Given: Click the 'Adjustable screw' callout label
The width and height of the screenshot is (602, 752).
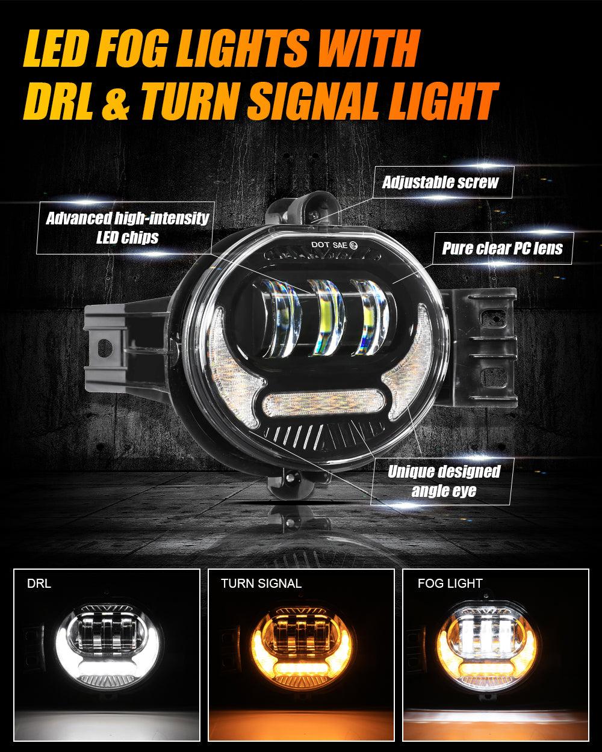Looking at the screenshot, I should click(x=440, y=182).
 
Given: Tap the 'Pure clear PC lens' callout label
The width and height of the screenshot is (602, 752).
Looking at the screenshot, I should click(x=502, y=248).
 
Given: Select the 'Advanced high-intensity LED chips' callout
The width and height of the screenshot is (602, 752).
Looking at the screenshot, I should click(x=127, y=227).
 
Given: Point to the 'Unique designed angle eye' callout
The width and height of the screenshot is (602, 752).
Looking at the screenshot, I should click(x=444, y=481).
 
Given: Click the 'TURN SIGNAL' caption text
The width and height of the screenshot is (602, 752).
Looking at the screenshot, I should click(x=261, y=584).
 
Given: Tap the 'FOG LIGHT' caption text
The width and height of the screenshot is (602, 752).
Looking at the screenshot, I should click(x=450, y=584).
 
